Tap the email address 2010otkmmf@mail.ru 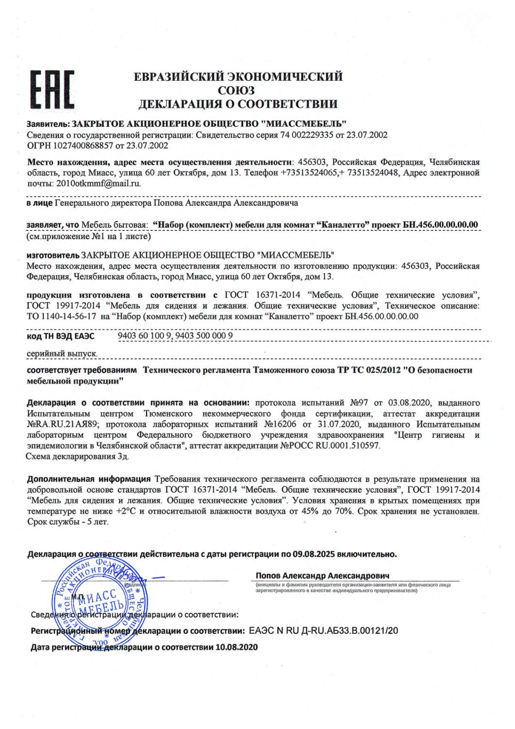[99, 184]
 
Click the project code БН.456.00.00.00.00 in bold [441, 225]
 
